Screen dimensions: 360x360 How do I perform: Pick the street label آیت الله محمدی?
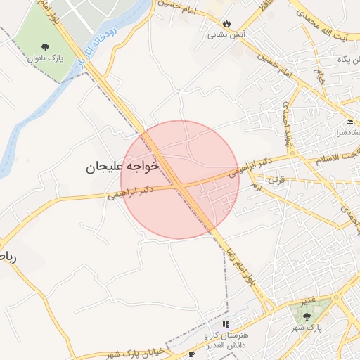[x=320, y=23]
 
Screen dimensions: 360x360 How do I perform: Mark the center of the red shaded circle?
[x=180, y=179]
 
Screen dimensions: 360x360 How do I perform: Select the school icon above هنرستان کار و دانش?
[x=225, y=324]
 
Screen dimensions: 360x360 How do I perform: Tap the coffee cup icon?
[x=191, y=354]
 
